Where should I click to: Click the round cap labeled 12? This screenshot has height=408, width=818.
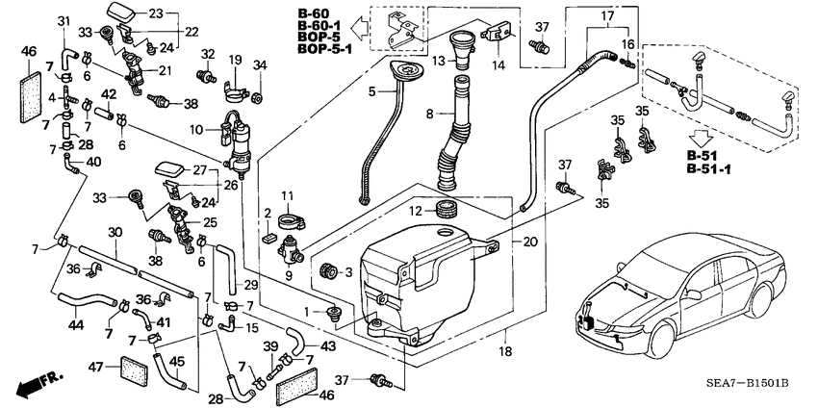coord(445,209)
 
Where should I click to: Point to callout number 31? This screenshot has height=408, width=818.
coord(64,22)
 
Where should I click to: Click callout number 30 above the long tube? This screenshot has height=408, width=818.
coord(115,232)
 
